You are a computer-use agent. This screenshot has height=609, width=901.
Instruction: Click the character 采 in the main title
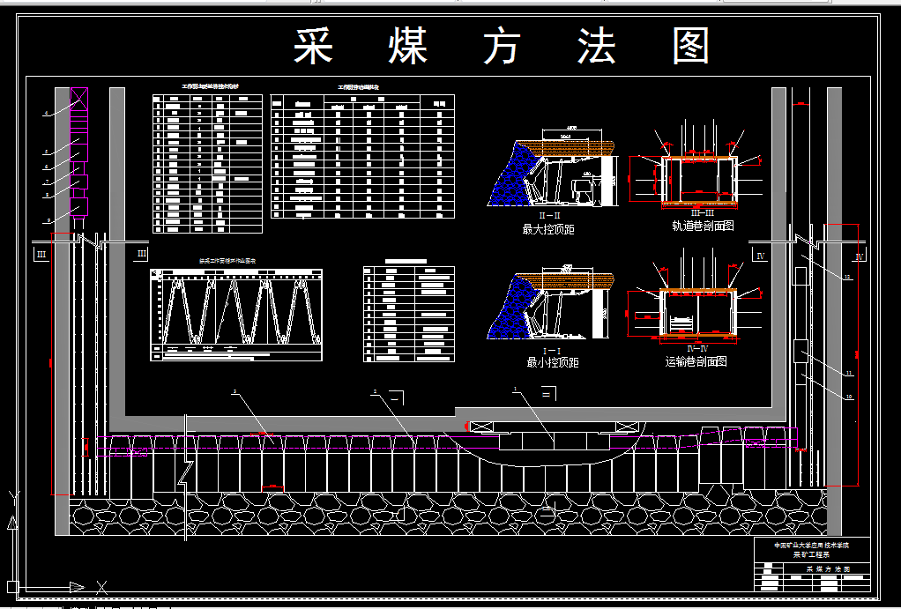click(x=313, y=47)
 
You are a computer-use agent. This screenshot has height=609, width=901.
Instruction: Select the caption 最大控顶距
click(x=548, y=229)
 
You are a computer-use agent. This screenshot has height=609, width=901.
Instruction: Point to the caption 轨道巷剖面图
click(x=703, y=226)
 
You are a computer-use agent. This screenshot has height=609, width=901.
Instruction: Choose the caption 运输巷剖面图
click(x=696, y=361)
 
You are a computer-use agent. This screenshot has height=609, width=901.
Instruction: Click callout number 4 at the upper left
click(x=46, y=114)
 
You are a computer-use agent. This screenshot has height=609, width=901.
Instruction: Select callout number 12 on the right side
click(x=847, y=278)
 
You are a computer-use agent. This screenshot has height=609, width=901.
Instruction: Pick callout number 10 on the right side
click(x=849, y=397)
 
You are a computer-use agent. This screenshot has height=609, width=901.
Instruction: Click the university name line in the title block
click(x=811, y=545)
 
